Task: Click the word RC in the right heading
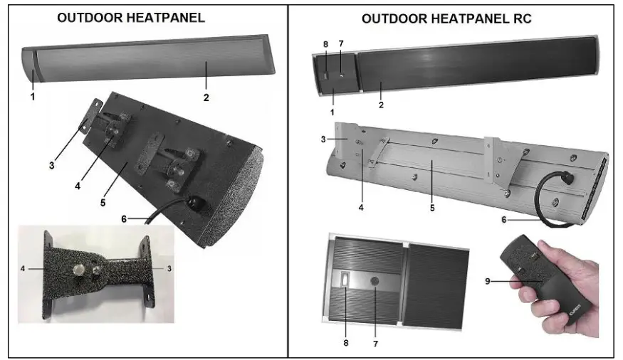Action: click(523, 18)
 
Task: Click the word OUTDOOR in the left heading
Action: click(88, 17)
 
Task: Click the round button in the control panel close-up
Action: click(375, 282)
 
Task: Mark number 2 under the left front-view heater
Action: click(206, 97)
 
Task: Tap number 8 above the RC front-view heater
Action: click(325, 44)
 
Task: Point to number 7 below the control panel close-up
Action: click(375, 344)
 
